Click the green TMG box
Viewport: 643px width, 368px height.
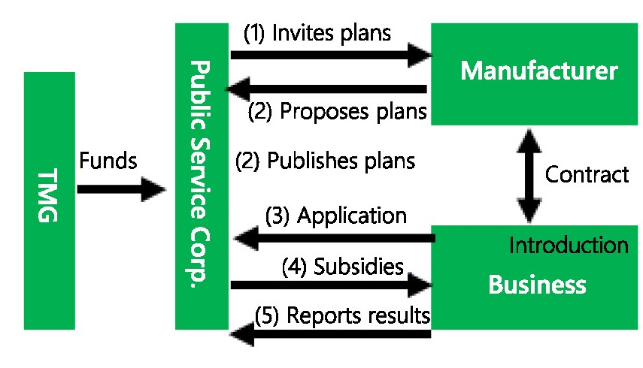50,201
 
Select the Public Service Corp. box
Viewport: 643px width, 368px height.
201,176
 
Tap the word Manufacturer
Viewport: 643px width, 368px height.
538,71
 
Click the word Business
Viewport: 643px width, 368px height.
537,285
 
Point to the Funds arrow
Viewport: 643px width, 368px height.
120,189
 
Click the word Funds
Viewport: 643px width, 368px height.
108,160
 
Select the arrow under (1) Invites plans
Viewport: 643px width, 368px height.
331,54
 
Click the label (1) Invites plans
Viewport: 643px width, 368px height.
317,33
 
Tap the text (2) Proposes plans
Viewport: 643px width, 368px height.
338,112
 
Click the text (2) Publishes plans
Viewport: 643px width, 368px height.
325,160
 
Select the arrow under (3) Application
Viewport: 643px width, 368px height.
335,239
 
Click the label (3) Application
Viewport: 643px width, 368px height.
335,216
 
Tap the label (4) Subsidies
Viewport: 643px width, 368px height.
343,266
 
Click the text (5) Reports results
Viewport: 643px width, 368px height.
342,315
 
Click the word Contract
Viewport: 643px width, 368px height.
587,175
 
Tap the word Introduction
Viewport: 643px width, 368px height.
568,245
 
